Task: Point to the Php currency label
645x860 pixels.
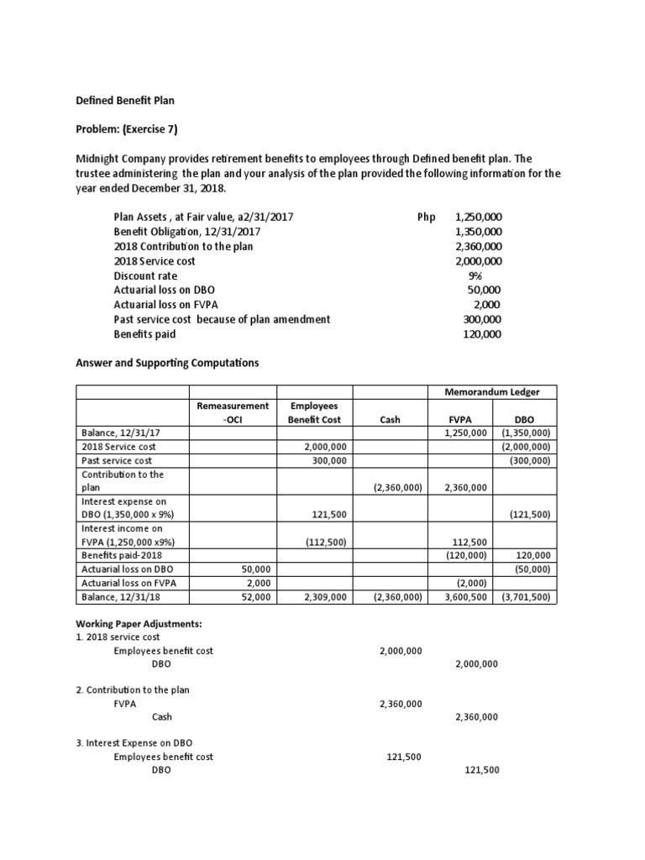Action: [427, 217]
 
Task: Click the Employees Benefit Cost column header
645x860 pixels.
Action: [315, 412]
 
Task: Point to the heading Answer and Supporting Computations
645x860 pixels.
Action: [168, 363]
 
